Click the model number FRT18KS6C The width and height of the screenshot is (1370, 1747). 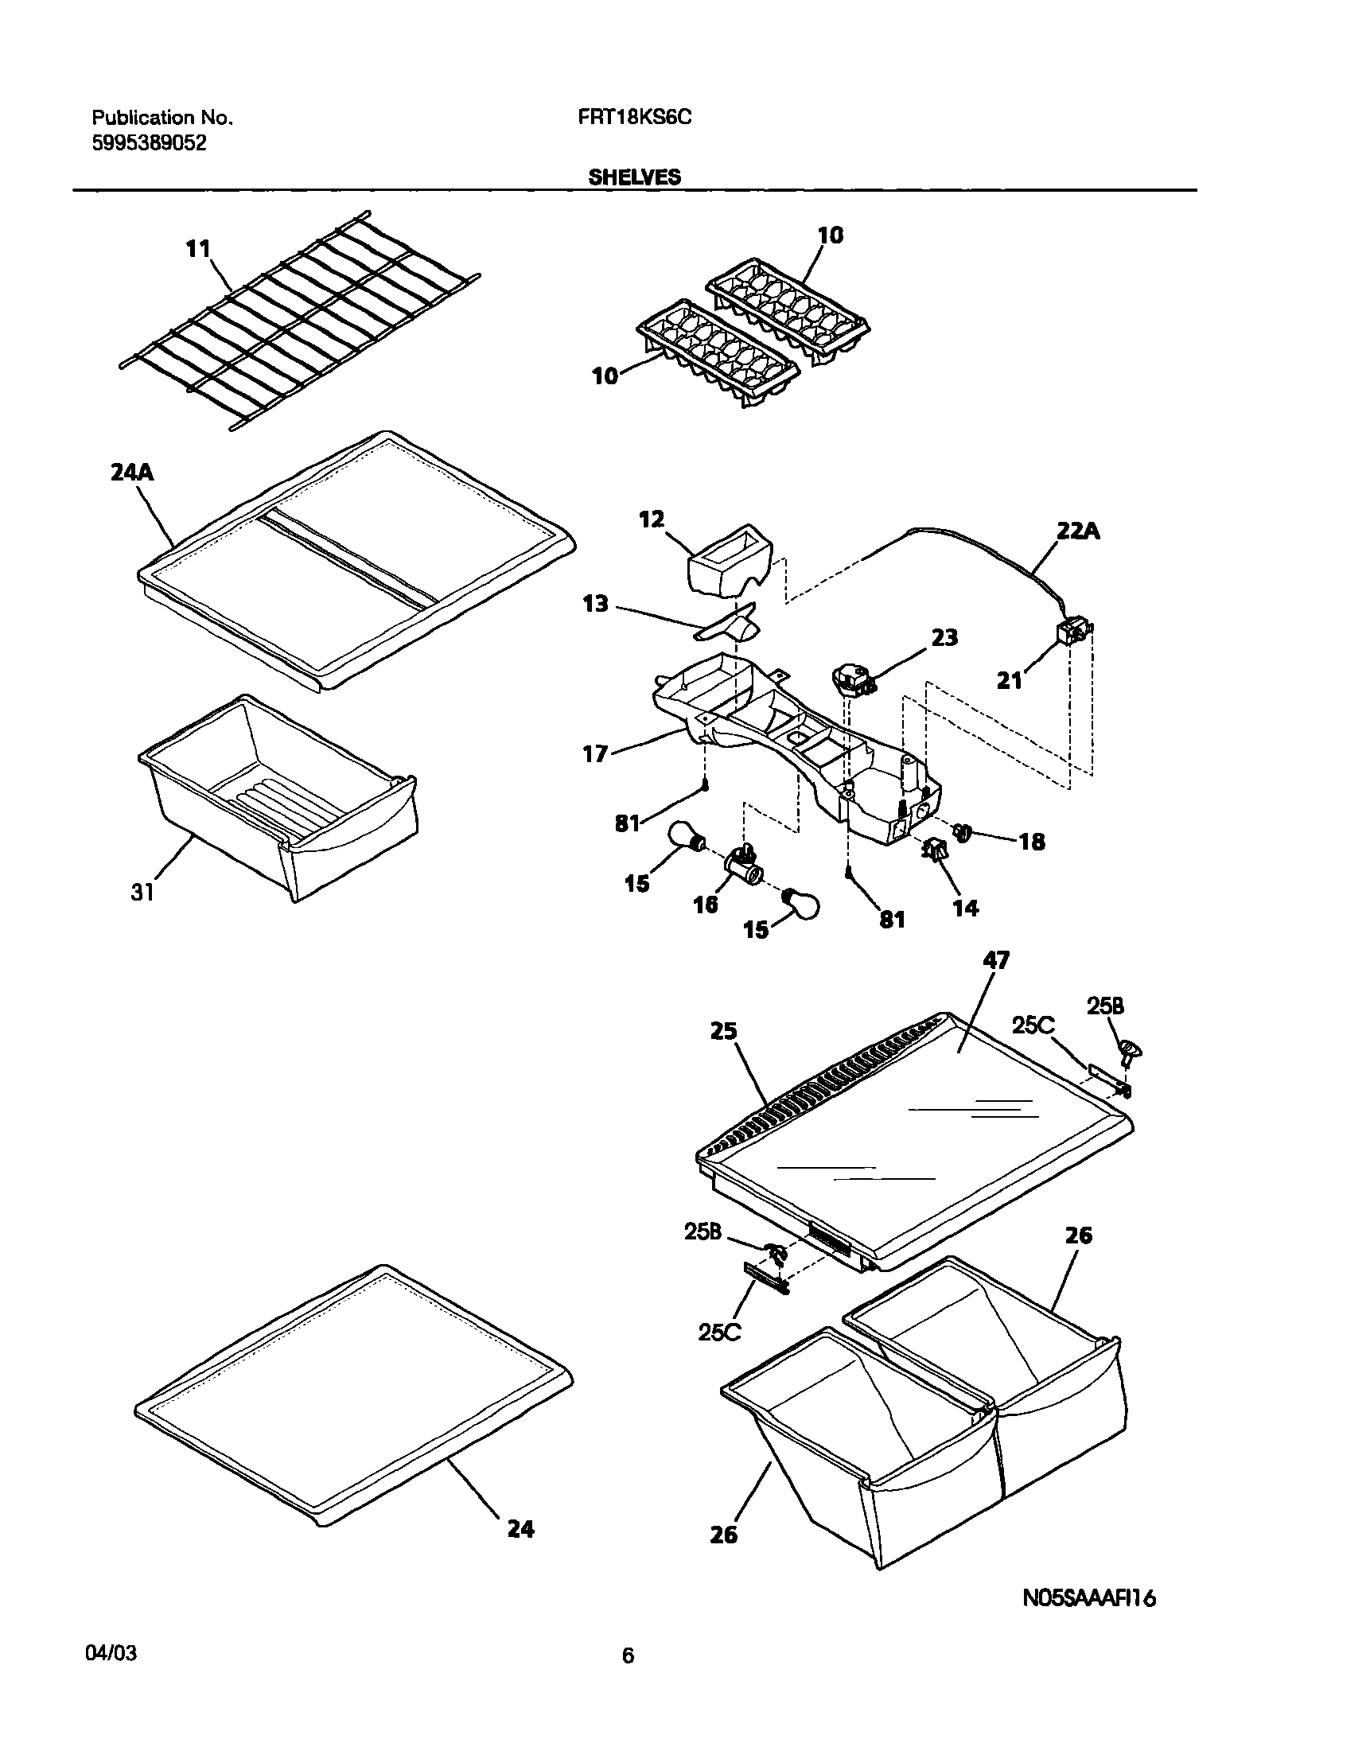pyautogui.click(x=634, y=117)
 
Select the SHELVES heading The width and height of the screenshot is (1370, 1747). pyautogui.click(x=634, y=177)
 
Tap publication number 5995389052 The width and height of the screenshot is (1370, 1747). pyautogui.click(x=149, y=143)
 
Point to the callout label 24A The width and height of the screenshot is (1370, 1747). pyautogui.click(x=131, y=473)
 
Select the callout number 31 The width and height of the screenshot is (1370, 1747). pyautogui.click(x=142, y=892)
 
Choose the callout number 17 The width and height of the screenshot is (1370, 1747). pyautogui.click(x=595, y=754)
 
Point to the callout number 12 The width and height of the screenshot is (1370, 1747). pyautogui.click(x=652, y=519)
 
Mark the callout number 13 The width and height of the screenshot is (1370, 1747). pyautogui.click(x=595, y=603)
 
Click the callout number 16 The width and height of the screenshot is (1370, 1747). pyautogui.click(x=705, y=905)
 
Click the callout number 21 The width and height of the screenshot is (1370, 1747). pyautogui.click(x=1009, y=681)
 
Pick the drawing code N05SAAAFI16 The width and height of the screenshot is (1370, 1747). pyautogui.click(x=1088, y=1598)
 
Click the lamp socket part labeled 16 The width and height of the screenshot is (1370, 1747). pyautogui.click(x=743, y=867)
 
